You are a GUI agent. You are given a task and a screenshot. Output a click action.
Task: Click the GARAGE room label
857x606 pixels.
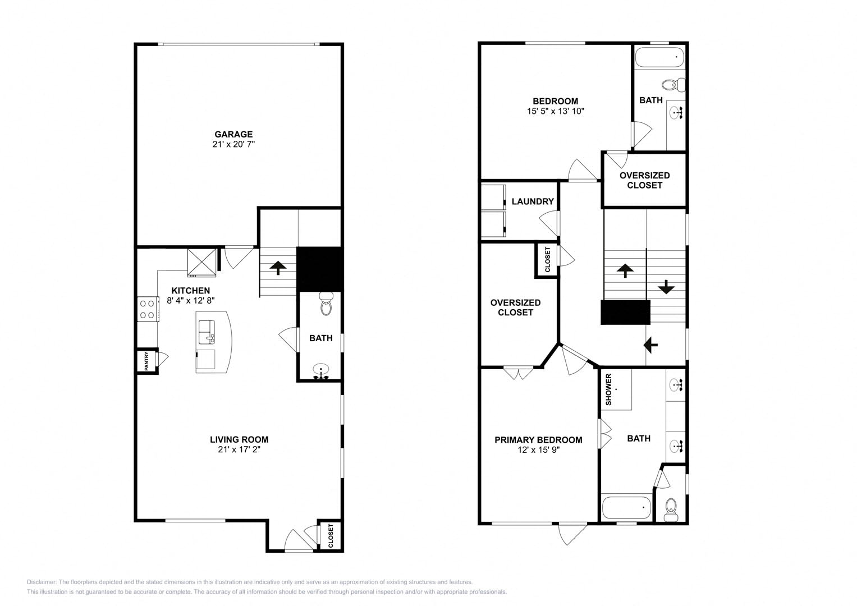coord(233,134)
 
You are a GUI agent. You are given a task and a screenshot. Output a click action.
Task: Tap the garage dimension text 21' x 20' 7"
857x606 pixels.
coord(233,144)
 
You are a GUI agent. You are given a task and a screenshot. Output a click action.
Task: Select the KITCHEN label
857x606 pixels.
coord(190,291)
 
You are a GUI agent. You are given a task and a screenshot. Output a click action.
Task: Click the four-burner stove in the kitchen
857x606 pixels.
coord(148,309)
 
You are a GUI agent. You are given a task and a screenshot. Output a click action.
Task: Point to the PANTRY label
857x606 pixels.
coord(146,361)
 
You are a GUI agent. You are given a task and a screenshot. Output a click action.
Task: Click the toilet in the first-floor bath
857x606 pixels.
coord(326,304)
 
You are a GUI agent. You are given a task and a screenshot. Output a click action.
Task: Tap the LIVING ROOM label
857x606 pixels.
coord(239,439)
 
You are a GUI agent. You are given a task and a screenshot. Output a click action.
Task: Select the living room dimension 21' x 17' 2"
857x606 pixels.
coord(239,449)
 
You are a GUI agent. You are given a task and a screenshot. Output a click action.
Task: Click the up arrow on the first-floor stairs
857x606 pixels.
coord(278,268)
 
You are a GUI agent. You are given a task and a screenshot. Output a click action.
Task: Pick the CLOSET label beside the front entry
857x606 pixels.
coord(331,536)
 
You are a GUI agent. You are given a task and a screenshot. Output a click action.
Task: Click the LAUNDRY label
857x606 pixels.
coord(533,201)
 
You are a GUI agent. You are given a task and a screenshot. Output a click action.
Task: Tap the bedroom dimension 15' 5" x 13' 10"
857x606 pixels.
coord(556,111)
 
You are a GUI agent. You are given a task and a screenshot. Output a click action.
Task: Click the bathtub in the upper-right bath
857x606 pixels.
coord(659,57)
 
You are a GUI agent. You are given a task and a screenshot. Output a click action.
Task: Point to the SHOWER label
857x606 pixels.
coord(609,389)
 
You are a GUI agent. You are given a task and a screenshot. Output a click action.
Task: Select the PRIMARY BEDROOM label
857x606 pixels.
coord(538,440)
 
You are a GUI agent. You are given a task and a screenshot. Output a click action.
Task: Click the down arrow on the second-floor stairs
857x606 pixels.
coord(666,287)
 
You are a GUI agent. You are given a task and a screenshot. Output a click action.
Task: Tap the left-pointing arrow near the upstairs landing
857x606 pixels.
coord(650,345)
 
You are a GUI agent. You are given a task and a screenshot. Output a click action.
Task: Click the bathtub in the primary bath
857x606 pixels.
coord(627,508)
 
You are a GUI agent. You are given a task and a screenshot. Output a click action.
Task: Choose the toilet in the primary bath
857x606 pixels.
coord(671,509)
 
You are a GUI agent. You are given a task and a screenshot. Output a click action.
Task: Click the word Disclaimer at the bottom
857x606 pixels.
coord(42,582)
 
